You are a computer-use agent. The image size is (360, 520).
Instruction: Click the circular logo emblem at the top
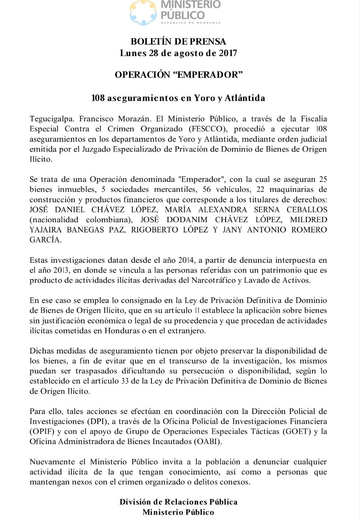click(x=143, y=12)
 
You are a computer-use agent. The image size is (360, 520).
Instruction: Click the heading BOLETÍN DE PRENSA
click(x=179, y=41)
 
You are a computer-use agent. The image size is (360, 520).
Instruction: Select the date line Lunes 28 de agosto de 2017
click(x=179, y=53)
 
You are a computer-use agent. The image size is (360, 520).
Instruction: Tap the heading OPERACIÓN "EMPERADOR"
click(x=179, y=75)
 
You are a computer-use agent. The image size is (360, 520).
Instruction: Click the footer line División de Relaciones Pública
click(x=179, y=502)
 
